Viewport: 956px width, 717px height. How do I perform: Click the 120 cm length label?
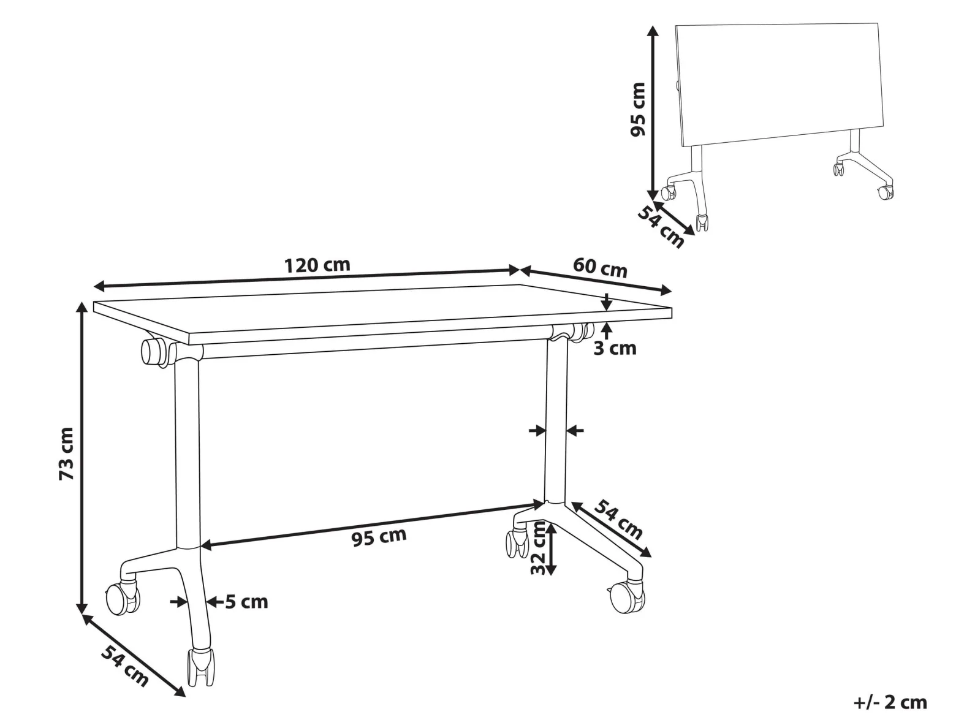317,265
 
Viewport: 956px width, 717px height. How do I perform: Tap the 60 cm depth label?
600,268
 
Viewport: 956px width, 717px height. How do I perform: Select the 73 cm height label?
67,453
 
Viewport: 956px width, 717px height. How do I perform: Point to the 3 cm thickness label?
615,348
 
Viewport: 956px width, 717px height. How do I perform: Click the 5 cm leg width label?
246,602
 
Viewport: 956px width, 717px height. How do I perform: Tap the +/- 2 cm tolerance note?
890,702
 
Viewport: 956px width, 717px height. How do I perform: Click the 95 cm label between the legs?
379,537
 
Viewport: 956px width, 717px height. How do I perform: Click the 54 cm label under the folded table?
661,227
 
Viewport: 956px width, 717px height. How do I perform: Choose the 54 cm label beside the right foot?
618,520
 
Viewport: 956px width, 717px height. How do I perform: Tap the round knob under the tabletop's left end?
152,351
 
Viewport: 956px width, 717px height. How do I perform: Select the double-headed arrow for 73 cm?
82,457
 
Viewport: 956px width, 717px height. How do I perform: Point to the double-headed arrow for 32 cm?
552,550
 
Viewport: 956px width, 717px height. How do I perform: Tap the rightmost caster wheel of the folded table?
886,192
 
